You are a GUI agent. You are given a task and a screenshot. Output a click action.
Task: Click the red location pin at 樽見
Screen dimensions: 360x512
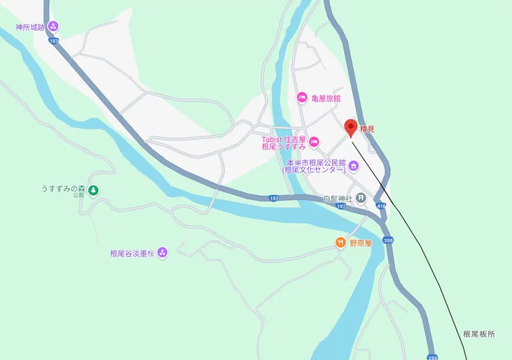(351, 127)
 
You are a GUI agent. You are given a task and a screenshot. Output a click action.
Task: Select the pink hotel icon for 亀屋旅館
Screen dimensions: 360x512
(302, 98)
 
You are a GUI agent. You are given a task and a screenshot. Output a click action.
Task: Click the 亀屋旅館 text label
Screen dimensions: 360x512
(326, 98)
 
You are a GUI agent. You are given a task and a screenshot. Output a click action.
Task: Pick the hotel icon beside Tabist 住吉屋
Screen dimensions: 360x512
(314, 142)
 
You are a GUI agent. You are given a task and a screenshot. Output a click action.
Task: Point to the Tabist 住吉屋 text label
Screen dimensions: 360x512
(284, 138)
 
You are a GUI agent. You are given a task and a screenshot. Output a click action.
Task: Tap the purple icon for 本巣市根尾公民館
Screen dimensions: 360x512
(354, 165)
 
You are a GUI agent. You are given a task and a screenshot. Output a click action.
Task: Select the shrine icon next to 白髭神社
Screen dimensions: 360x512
(360, 199)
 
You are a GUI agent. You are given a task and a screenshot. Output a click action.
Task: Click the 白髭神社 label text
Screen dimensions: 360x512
(338, 199)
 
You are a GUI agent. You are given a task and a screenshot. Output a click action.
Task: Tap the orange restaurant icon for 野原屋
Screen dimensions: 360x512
(340, 242)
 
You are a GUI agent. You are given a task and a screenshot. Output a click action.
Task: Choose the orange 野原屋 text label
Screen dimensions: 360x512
(360, 243)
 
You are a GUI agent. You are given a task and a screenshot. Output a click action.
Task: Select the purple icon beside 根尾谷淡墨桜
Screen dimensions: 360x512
(162, 252)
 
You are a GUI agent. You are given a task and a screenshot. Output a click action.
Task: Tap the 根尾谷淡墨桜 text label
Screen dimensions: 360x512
(132, 253)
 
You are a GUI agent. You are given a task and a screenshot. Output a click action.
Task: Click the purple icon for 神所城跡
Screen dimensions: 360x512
(53, 27)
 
